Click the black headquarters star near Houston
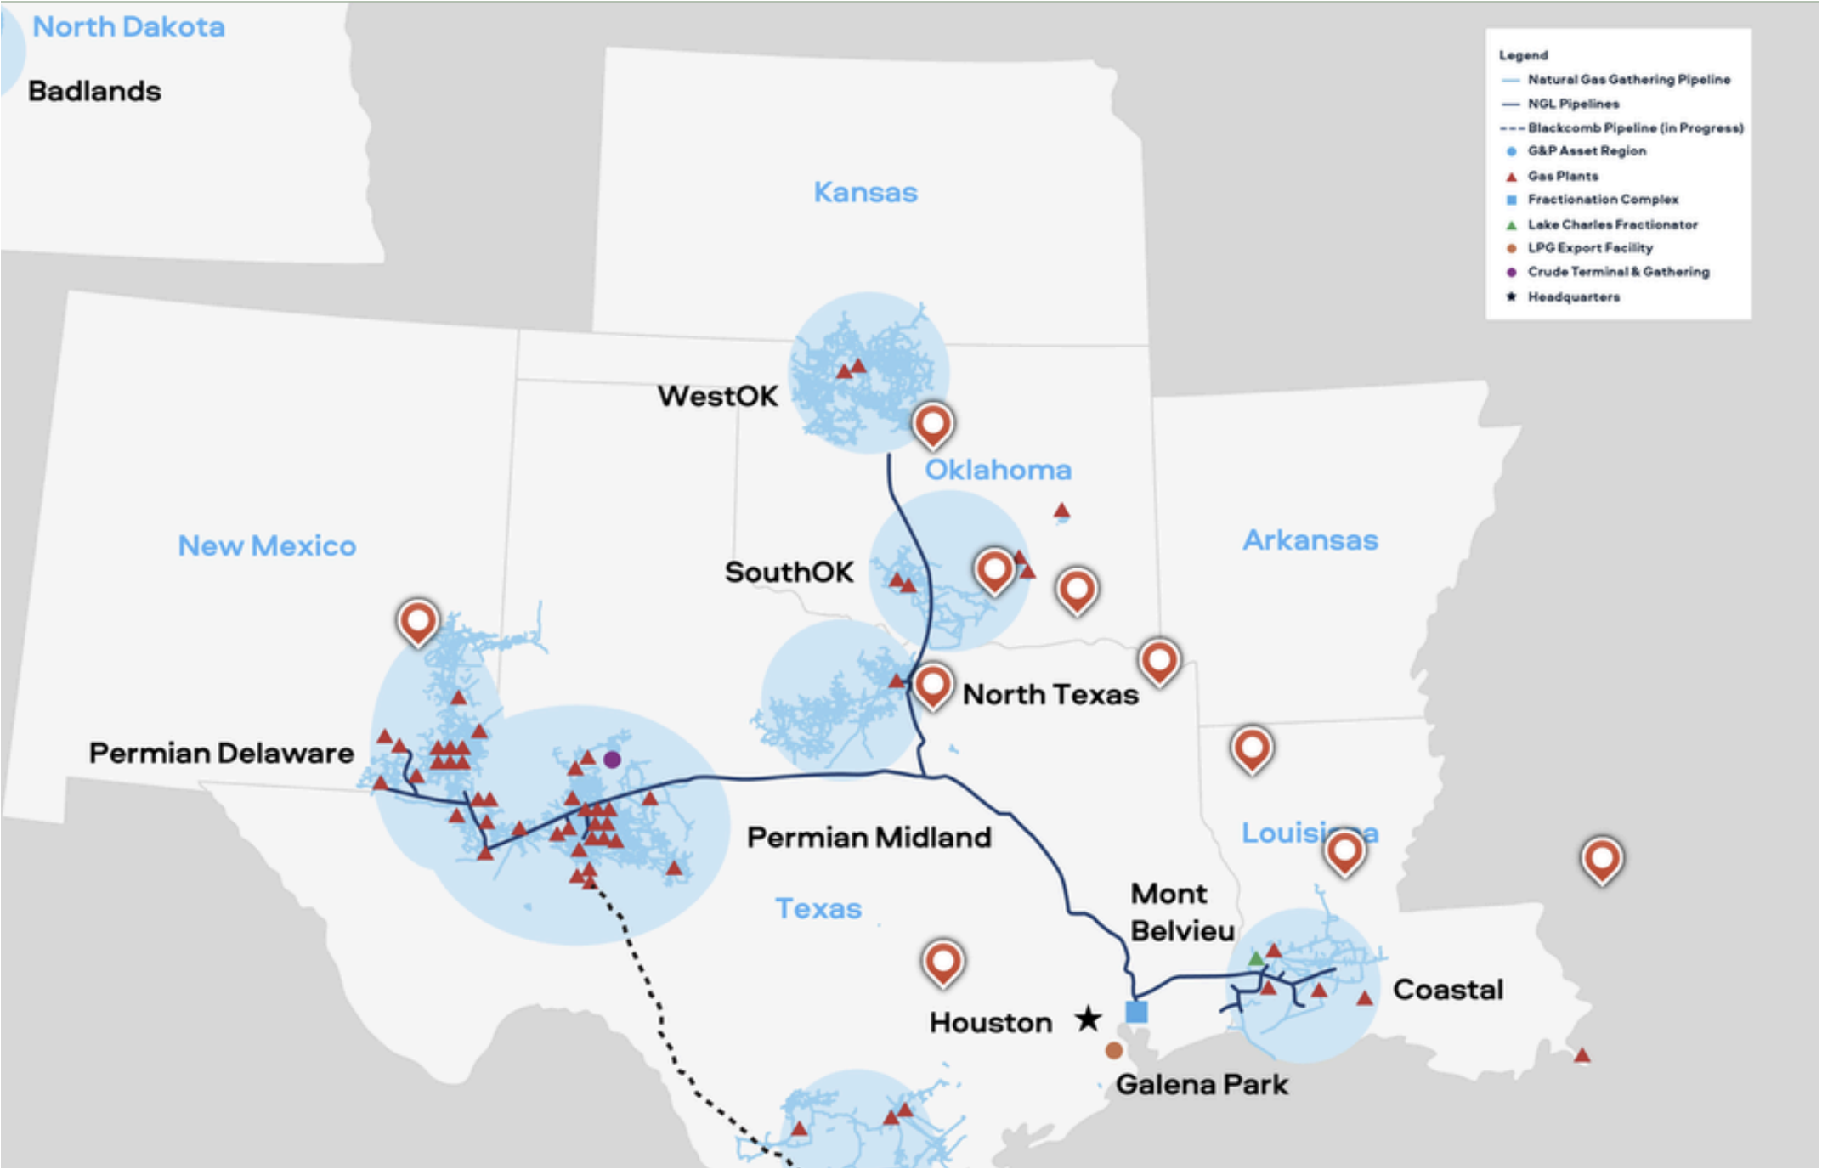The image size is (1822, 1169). click(1088, 1019)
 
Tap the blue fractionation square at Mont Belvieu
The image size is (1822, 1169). click(1136, 1012)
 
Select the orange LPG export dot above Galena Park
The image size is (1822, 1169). click(1113, 1051)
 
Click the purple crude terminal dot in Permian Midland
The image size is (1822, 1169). click(612, 760)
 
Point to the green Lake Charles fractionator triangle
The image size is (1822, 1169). click(1255, 959)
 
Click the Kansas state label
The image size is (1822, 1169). click(865, 192)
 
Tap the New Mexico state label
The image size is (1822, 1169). click(267, 545)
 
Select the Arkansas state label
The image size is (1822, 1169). click(1310, 540)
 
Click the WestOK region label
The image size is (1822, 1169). click(717, 396)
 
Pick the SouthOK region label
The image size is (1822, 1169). click(789, 572)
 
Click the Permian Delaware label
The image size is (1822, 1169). click(221, 753)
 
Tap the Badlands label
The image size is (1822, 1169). click(94, 91)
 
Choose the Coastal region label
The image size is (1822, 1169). click(1448, 990)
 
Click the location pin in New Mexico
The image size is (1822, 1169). click(417, 621)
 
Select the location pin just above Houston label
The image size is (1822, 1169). click(942, 961)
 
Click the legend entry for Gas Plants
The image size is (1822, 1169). click(1562, 176)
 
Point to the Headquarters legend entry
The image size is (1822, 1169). click(1573, 296)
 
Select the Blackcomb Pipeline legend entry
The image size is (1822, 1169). click(1634, 127)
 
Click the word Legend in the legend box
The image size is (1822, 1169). click(1523, 55)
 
